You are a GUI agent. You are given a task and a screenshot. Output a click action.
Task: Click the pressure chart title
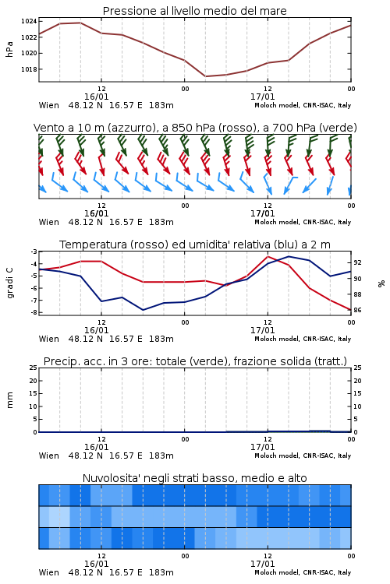[x=194, y=11]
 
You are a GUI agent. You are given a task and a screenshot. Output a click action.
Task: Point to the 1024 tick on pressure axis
[x=29, y=21]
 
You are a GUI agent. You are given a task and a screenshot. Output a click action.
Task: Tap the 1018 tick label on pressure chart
[x=29, y=69]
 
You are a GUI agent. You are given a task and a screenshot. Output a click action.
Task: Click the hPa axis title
[x=9, y=49]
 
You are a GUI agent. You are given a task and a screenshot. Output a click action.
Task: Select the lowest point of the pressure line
[x=205, y=76]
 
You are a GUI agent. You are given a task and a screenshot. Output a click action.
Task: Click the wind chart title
[x=195, y=128]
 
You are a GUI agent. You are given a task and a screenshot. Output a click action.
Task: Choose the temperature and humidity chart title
[x=195, y=245]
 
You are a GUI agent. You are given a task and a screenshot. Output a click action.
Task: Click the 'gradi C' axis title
[x=10, y=283]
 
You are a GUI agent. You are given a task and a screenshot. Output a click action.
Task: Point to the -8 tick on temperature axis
[x=34, y=312]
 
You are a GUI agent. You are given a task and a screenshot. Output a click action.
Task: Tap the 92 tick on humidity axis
[x=357, y=262]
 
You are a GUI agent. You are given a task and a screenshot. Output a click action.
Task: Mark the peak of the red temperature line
[x=268, y=256]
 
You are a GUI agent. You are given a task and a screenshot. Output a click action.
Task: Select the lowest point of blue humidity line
[x=143, y=310]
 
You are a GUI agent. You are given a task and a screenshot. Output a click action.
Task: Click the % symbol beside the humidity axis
[x=381, y=283]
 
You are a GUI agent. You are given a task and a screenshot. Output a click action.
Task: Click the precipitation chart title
[x=195, y=361]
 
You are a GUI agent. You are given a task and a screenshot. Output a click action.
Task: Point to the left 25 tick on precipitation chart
[x=34, y=368]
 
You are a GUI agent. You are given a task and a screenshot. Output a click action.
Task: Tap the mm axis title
[x=9, y=400]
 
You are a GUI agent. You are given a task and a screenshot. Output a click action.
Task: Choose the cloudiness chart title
[x=194, y=478]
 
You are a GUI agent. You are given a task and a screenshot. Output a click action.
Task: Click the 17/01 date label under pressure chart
[x=262, y=97]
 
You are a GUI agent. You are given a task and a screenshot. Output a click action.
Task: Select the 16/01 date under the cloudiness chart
[x=96, y=564]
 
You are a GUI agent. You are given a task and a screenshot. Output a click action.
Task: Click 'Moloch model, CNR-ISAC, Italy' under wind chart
[x=303, y=222]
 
